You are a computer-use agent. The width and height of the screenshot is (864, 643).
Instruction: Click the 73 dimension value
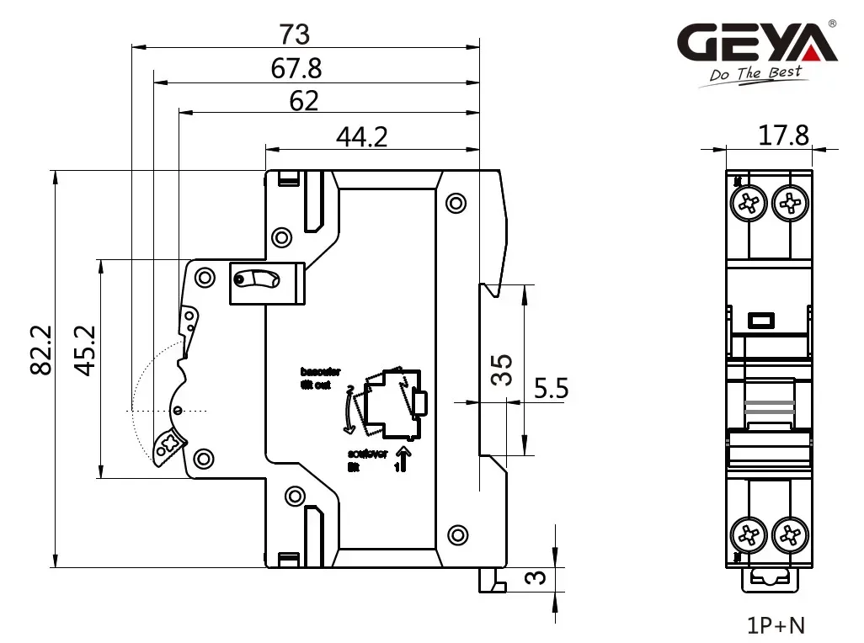coord(296,35)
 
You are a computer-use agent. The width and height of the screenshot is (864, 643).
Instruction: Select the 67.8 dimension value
coord(296,69)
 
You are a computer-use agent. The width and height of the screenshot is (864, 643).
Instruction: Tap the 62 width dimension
coord(304,101)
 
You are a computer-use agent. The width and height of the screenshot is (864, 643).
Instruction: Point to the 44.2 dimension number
coord(362,136)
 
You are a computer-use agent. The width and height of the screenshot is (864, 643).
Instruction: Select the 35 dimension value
coord(502,369)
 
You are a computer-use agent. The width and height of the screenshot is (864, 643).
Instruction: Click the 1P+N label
coord(776,625)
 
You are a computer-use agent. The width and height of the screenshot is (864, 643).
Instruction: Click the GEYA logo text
coord(758,43)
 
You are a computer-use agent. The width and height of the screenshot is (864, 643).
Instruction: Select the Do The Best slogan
coord(755,75)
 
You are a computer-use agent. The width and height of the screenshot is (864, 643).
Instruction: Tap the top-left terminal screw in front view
coord(749,202)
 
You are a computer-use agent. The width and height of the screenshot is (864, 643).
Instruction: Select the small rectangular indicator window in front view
coord(762,320)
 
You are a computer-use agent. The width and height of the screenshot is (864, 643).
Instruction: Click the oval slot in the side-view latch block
coord(256,279)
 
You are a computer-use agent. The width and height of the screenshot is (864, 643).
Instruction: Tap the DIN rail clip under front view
coord(769,578)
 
